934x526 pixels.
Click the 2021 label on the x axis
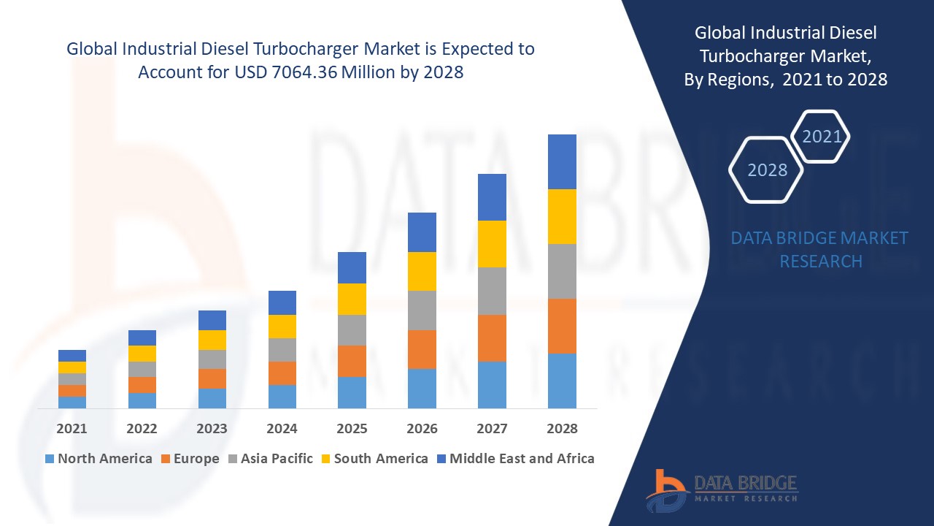(x=72, y=429)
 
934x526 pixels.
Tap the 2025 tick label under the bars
(x=352, y=429)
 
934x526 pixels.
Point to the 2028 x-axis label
(x=562, y=429)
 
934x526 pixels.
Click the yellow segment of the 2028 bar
(x=562, y=216)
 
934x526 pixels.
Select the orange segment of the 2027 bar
(x=492, y=338)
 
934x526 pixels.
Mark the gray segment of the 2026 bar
(x=422, y=310)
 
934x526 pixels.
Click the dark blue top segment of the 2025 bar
(x=352, y=267)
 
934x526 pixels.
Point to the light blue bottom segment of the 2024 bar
(x=282, y=396)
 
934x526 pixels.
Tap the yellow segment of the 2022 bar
(x=142, y=354)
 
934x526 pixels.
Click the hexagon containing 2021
(x=821, y=137)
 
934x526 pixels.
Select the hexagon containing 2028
(x=766, y=170)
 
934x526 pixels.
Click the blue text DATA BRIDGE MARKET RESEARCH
(x=819, y=249)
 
